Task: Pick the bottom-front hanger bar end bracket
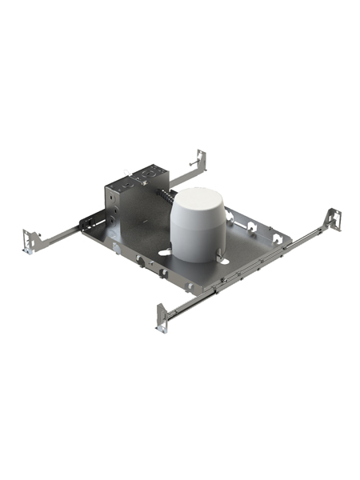pos(161,317)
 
